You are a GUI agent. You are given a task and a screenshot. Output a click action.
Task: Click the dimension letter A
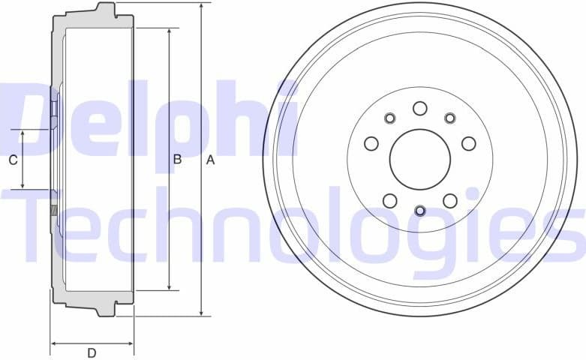pos(211,160)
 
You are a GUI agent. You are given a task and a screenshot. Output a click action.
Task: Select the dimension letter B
pos(178,159)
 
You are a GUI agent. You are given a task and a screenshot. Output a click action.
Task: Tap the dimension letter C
pos(13,160)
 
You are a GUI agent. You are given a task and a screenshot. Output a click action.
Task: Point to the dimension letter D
pos(92,353)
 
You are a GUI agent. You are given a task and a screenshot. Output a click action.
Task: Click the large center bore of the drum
pos(420,159)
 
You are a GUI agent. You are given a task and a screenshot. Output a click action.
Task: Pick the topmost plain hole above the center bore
pos(420,108)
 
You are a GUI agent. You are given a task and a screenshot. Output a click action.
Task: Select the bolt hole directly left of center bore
pos(371,143)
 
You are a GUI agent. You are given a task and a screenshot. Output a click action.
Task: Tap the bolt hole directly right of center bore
pos(469,143)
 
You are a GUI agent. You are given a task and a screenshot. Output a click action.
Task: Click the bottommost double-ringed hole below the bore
pos(420,211)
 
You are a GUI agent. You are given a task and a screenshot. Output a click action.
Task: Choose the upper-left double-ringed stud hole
pos(390,118)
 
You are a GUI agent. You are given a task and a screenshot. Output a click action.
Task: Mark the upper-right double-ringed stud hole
pos(450,118)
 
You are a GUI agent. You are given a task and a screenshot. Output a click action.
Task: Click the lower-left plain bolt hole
pos(390,200)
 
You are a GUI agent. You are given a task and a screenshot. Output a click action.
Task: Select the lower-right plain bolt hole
pos(450,200)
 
